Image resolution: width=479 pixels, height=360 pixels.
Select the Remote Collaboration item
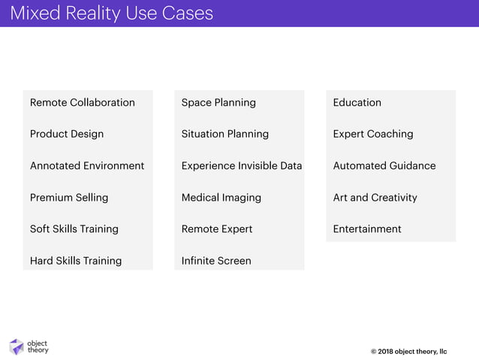coord(83,102)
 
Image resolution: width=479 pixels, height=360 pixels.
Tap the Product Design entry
coord(67,134)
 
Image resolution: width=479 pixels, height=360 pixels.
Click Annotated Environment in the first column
coord(87,165)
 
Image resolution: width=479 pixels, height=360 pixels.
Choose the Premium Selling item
coord(69,198)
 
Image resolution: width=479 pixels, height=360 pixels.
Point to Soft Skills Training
coord(74,229)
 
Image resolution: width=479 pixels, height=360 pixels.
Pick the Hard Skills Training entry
coord(76,261)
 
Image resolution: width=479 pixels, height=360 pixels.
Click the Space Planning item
coord(218,102)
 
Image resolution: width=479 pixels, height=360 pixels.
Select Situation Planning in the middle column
coord(225,134)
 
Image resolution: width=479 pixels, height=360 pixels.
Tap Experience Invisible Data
coord(242,165)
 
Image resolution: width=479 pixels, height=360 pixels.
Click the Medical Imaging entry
coord(221,198)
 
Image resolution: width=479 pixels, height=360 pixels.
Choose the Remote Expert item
coord(217,229)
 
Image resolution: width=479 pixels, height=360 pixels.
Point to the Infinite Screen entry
coord(216,261)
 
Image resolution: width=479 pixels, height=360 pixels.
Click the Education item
coord(357,102)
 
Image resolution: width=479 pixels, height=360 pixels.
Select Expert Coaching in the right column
coord(373,134)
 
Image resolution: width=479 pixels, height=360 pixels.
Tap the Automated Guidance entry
coord(384,165)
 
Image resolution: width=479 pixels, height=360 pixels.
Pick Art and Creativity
coord(375,198)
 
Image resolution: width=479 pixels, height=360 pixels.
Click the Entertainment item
coord(367,229)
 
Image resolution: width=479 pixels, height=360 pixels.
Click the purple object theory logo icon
coord(17,346)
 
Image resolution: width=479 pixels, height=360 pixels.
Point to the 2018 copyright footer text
coord(408,351)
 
